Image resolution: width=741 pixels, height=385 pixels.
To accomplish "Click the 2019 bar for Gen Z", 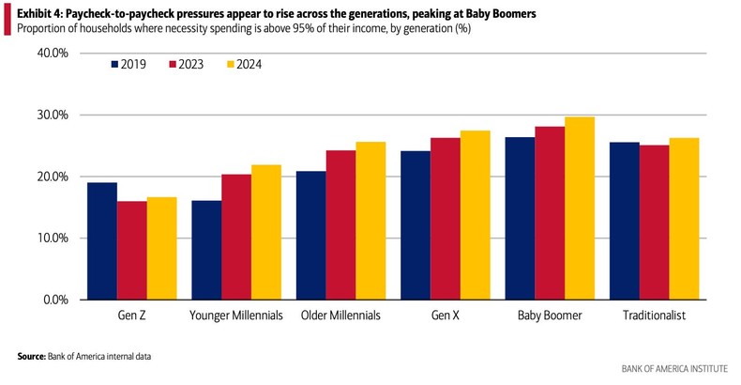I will click(x=101, y=241).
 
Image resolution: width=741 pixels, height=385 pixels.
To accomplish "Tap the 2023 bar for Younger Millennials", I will click(x=235, y=238).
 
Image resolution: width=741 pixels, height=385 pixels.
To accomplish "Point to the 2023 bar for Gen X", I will click(x=446, y=219).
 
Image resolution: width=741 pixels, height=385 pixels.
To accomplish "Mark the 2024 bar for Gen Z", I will click(x=163, y=249).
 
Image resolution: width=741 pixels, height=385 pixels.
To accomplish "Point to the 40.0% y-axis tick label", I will click(x=52, y=54).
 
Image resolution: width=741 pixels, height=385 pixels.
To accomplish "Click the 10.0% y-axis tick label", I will click(x=52, y=239).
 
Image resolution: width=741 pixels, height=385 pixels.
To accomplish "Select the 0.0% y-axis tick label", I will click(x=54, y=300).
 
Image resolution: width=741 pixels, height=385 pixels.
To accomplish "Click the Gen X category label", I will click(x=446, y=316).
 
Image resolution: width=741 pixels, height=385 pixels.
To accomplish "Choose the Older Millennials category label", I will click(x=340, y=316).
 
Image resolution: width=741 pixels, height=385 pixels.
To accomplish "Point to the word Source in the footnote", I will click(x=33, y=357).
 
